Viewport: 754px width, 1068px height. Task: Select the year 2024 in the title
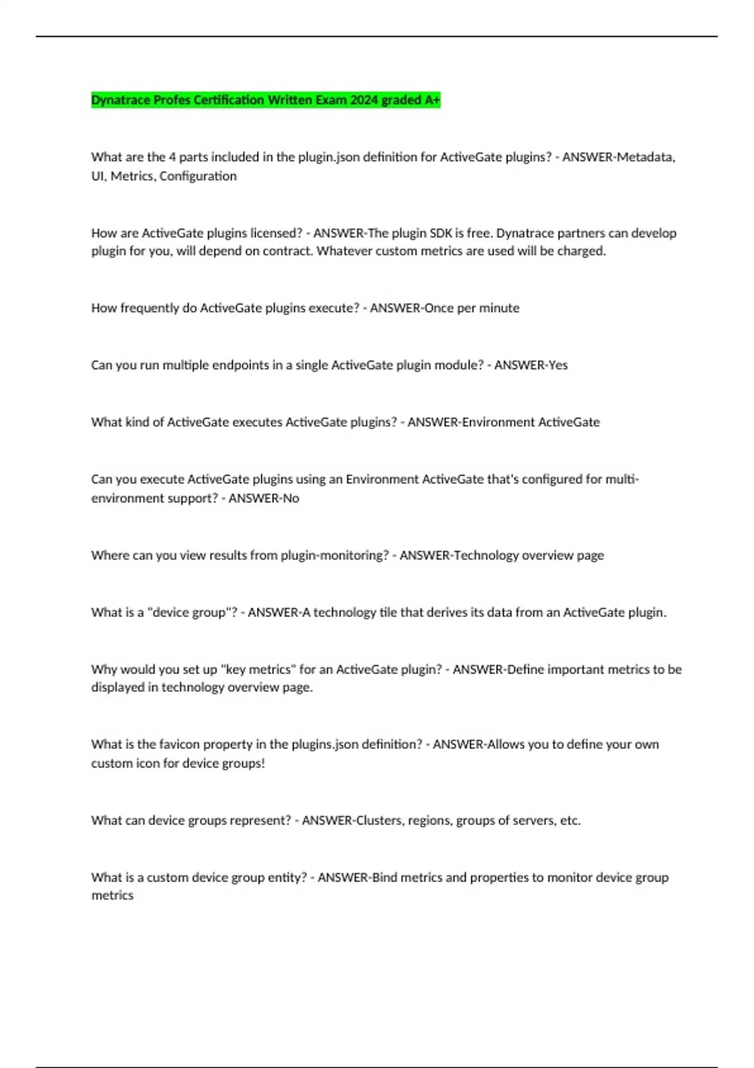364,100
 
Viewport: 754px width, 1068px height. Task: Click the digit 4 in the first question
172,157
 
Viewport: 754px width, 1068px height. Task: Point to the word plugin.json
324,157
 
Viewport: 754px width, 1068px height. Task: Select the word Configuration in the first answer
198,176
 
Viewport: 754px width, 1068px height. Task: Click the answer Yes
558,365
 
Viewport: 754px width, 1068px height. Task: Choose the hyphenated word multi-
622,479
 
